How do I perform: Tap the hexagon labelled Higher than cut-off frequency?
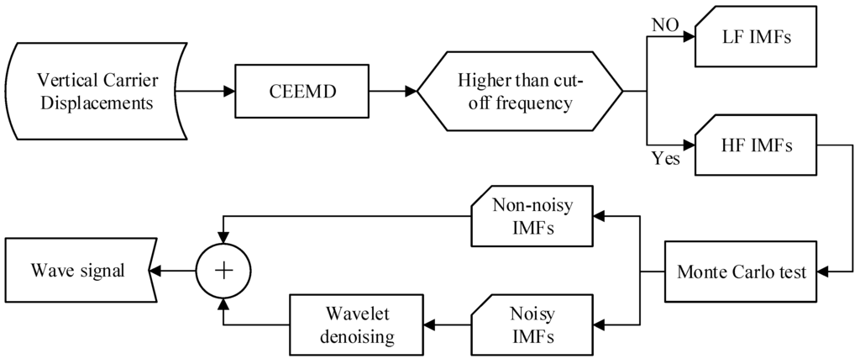tap(520, 92)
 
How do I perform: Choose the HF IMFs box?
tap(757, 145)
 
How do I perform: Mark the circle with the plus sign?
tap(223, 271)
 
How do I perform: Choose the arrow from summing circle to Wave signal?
tap(172, 271)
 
